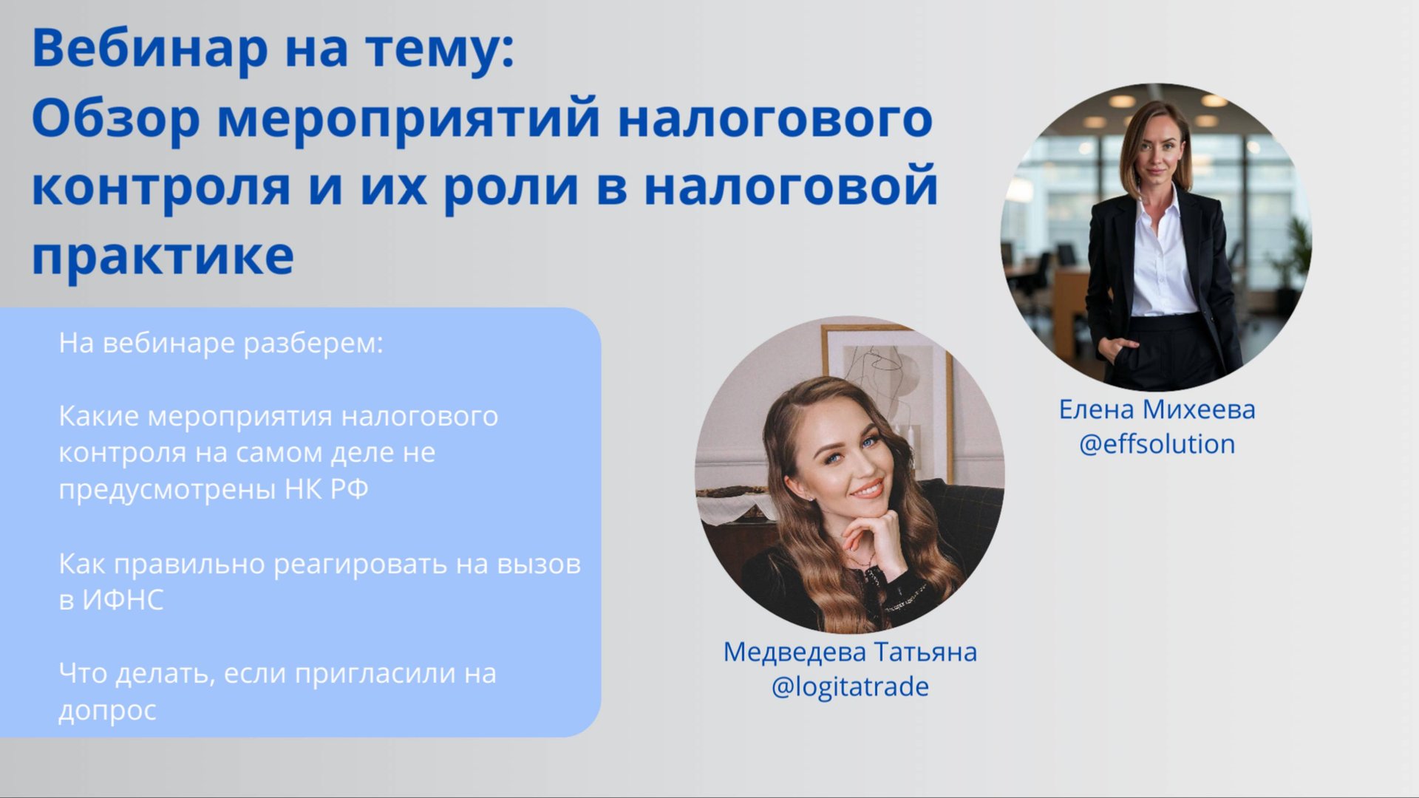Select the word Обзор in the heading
(115, 120)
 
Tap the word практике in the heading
(163, 257)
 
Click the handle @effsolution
(1157, 444)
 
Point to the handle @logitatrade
(850, 686)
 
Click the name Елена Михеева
(1157, 409)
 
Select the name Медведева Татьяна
(850, 652)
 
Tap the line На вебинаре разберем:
(221, 344)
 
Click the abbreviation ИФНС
(122, 600)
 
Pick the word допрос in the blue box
(107, 710)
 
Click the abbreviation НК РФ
(326, 489)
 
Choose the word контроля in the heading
(161, 188)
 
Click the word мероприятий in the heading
(408, 120)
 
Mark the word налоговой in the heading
(791, 188)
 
